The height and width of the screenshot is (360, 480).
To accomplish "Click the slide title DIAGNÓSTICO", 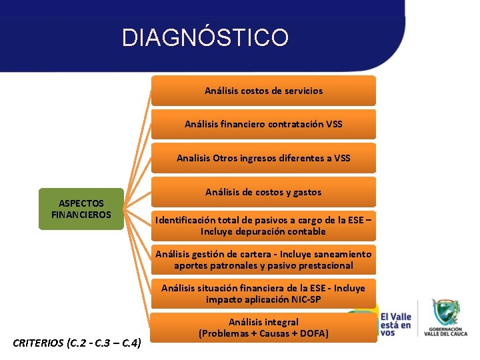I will coord(205,37).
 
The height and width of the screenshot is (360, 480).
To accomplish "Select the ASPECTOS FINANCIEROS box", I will coord(81,209).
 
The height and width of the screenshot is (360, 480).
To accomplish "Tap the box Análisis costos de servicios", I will coord(263,91).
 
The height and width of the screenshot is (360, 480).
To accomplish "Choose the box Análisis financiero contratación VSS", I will coord(263,124).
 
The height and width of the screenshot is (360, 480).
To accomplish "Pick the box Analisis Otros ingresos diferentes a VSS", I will coord(263,158).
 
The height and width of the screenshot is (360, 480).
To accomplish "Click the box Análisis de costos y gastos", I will coord(263,192).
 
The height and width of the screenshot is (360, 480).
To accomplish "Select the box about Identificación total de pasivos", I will coord(263,225).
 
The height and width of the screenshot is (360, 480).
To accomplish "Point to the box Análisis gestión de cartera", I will coord(263,259).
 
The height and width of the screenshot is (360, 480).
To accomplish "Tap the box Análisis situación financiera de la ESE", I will coord(263,293).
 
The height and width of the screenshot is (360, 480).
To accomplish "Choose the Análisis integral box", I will coord(263,327).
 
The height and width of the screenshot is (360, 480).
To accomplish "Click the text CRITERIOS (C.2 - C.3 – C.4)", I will coord(77,344).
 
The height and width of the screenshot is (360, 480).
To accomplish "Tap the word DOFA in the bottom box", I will coord(312,333).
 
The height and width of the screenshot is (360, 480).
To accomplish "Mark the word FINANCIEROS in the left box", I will coord(81,215).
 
